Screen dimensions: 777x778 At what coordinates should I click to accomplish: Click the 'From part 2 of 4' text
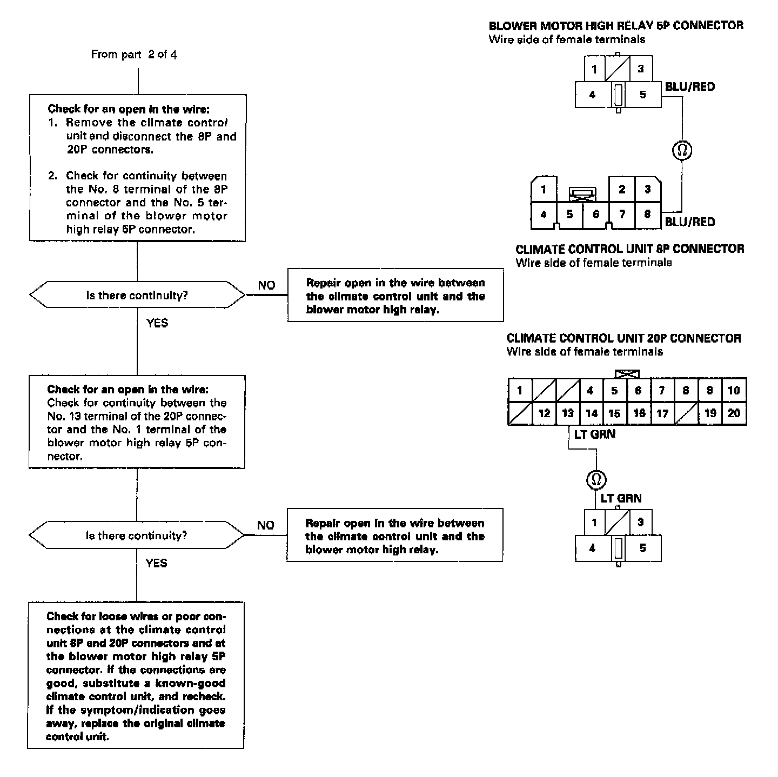tap(134, 55)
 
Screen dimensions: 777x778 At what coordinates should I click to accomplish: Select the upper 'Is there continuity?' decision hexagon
tap(137, 295)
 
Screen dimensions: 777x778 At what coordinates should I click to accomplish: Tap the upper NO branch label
tap(266, 285)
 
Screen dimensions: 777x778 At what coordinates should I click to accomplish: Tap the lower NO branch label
tap(265, 525)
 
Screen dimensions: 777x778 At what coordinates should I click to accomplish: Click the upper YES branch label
tap(157, 323)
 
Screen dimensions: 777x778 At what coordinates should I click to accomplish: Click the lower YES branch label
tap(157, 563)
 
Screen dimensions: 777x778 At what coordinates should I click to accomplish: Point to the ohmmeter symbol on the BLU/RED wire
tap(682, 149)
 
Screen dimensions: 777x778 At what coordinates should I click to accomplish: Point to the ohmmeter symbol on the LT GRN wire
tap(596, 479)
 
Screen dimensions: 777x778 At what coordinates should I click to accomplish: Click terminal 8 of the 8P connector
tap(647, 215)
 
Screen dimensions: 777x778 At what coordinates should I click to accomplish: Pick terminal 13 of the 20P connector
tap(568, 413)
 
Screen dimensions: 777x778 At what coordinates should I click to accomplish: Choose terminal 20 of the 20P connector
tap(734, 413)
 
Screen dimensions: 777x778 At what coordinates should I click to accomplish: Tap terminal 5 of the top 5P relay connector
tap(642, 95)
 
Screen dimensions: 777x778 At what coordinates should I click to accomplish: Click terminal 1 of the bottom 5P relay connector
tap(594, 523)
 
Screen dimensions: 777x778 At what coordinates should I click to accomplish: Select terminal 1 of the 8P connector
tap(544, 189)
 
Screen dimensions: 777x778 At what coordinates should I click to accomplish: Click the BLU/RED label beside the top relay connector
tap(689, 86)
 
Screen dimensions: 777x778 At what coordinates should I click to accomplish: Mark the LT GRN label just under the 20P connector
tap(594, 434)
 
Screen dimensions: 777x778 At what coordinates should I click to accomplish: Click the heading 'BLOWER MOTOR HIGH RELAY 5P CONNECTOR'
tap(616, 25)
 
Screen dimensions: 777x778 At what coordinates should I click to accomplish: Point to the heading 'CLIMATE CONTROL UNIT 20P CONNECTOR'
tap(623, 338)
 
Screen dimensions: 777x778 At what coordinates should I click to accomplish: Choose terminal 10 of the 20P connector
tap(734, 390)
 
